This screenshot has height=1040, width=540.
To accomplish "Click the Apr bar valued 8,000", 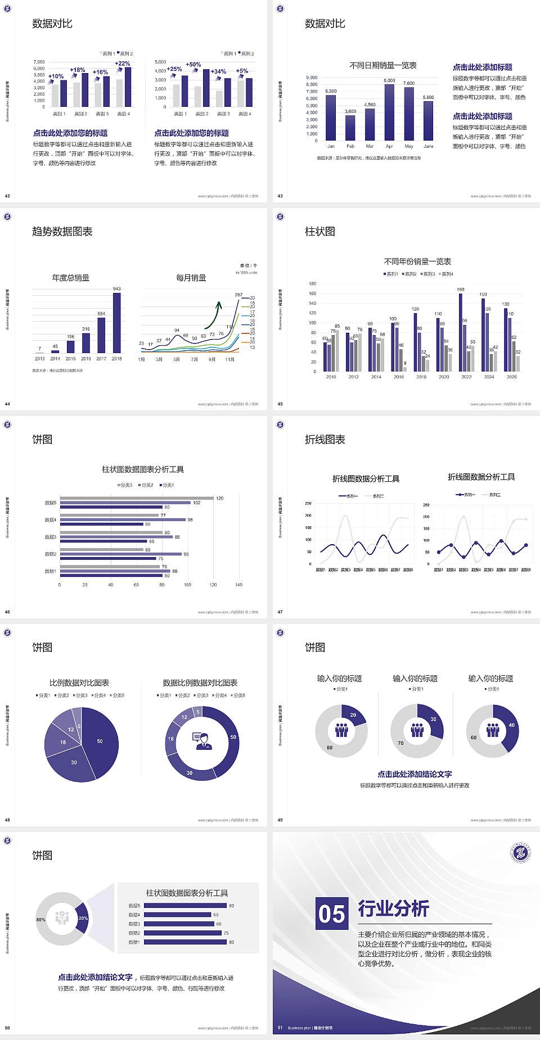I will click(x=389, y=112).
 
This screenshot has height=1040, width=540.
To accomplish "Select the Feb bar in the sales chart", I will click(x=350, y=128).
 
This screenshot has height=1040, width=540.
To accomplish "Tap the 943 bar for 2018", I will click(x=116, y=323).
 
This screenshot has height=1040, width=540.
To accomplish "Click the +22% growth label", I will click(x=123, y=64).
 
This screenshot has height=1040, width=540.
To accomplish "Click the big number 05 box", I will click(x=332, y=914).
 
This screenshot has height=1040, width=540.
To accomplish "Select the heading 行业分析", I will click(x=394, y=908).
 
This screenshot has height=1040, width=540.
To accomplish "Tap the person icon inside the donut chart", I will click(x=202, y=741).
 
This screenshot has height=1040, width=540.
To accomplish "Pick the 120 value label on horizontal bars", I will click(x=219, y=498).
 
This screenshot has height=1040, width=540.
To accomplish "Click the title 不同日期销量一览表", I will click(x=383, y=66).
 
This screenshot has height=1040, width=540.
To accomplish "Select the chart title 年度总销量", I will click(x=71, y=278).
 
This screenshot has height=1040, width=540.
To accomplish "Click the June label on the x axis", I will click(x=429, y=146).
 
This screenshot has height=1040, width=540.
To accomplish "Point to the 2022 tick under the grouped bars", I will click(x=466, y=377).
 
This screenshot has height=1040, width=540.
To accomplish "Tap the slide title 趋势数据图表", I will click(x=62, y=232).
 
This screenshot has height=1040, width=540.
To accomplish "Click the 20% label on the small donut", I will click(x=83, y=918).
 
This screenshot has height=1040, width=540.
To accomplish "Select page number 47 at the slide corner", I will click(x=280, y=612).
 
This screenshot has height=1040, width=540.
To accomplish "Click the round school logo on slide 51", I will click(x=520, y=853).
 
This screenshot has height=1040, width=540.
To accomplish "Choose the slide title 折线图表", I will click(x=325, y=440).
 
